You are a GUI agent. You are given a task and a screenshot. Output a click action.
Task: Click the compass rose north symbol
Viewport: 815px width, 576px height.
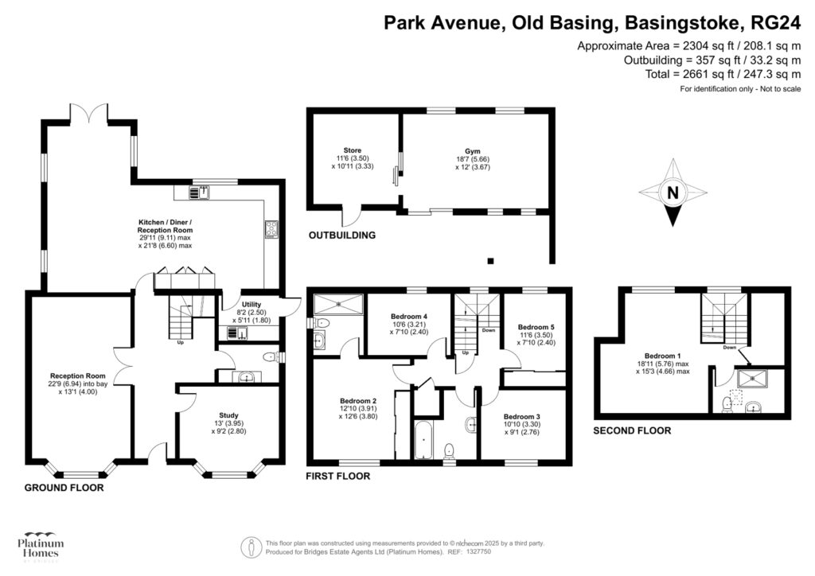click(x=673, y=193)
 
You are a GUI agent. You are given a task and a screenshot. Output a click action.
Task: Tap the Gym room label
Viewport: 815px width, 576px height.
click(x=473, y=150)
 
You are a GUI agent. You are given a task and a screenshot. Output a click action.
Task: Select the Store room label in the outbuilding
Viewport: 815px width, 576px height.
click(x=353, y=150)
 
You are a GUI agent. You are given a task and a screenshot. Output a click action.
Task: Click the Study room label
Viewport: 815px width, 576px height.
click(x=228, y=414)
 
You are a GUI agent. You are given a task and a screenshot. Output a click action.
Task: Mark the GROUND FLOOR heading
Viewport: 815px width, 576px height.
click(x=64, y=488)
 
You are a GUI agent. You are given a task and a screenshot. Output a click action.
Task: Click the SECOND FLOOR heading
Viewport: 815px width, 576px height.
click(x=632, y=430)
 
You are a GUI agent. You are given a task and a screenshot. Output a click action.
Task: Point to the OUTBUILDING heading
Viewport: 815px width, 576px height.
click(x=342, y=235)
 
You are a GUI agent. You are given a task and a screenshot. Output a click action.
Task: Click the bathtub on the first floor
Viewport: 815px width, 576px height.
click(x=422, y=440)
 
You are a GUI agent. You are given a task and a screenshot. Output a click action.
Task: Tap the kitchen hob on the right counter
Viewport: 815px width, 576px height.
click(x=270, y=230)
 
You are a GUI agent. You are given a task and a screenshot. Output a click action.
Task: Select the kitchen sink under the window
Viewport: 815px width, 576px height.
click(x=198, y=192)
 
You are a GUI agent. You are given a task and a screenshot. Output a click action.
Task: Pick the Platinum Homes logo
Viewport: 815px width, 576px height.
click(x=40, y=547)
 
